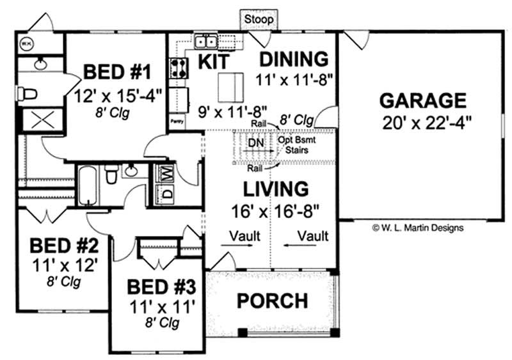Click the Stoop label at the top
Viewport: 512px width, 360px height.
tap(259, 19)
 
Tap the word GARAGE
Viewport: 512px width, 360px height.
tap(422, 100)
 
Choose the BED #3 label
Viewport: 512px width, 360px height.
tap(157, 285)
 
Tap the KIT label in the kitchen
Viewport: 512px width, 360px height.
tap(209, 61)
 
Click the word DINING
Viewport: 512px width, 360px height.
tap(294, 59)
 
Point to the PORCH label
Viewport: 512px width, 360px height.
tap(273, 300)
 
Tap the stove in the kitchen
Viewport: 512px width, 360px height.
tap(177, 68)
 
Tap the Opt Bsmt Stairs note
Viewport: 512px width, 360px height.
tap(294, 144)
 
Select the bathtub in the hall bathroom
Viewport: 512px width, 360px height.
tap(88, 184)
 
